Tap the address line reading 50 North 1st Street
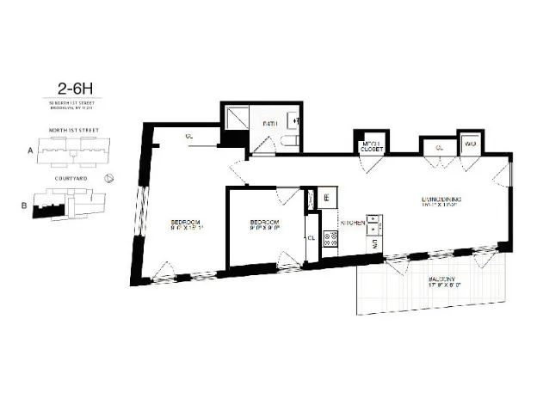tap(76, 102)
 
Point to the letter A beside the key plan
tap(30, 149)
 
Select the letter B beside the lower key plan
tap(23, 205)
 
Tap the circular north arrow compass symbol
tap(109, 179)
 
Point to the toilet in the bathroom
tap(293, 142)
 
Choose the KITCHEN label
tap(351, 222)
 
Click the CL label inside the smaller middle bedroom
tap(310, 239)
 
